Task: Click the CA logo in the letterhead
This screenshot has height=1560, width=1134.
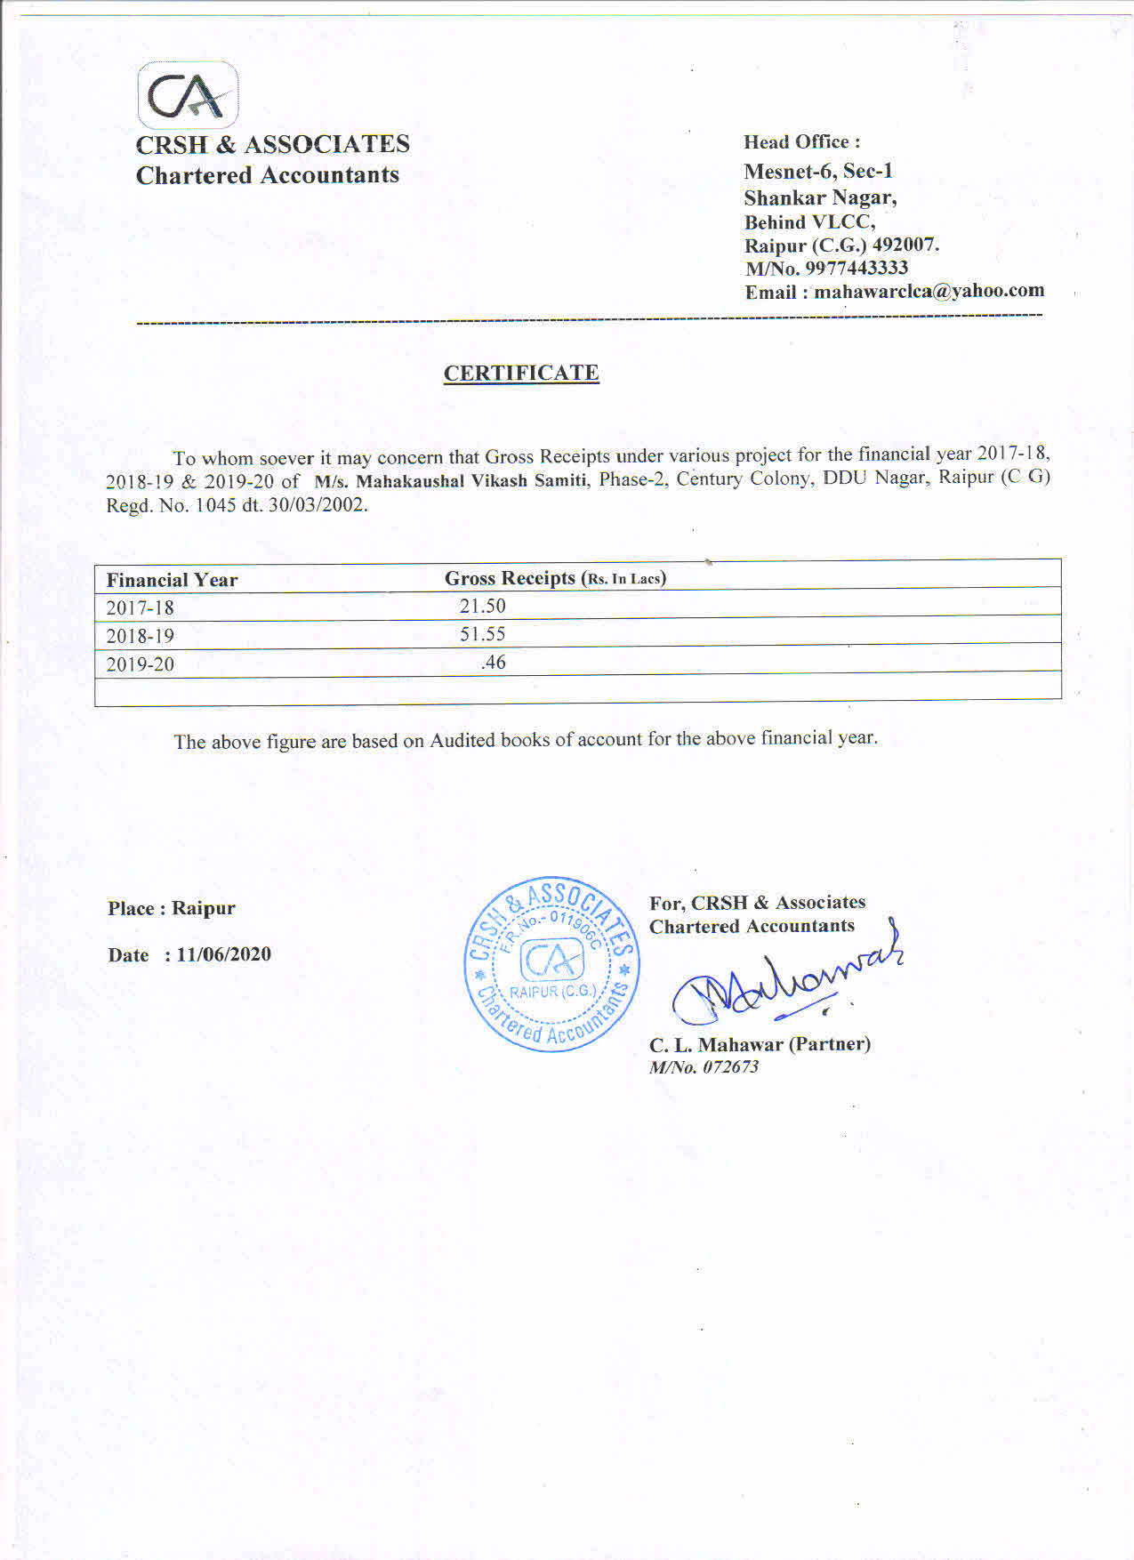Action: tap(188, 95)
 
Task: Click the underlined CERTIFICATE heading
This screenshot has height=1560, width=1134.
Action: tap(521, 373)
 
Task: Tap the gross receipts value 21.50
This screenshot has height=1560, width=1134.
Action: tap(482, 607)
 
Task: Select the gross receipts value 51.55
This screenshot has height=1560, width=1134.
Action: tap(482, 634)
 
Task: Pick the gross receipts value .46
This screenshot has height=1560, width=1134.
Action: tap(493, 663)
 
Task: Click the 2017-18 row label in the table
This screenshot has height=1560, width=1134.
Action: tap(140, 608)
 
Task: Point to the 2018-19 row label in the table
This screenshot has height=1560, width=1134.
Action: tap(140, 637)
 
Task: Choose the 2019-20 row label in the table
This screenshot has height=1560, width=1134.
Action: tap(140, 664)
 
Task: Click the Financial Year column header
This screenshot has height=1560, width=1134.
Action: tap(172, 581)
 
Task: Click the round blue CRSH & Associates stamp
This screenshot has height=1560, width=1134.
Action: tap(551, 964)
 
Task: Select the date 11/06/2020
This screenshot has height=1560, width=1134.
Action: tap(223, 954)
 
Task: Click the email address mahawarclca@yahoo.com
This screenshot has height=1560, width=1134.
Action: tap(929, 291)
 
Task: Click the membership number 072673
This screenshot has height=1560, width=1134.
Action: tap(730, 1067)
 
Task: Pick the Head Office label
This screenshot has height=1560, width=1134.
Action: tap(801, 142)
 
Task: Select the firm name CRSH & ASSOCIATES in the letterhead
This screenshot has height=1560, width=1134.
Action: tap(272, 144)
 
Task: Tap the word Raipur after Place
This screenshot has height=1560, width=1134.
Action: tap(203, 908)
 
